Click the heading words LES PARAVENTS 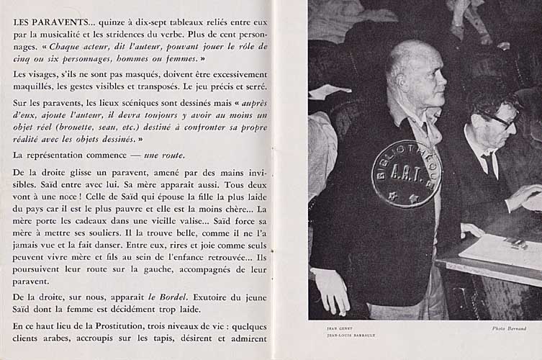click(x=49, y=22)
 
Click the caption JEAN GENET click(x=339, y=328)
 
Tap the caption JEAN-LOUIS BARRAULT click(x=351, y=336)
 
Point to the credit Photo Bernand click(x=509, y=329)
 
